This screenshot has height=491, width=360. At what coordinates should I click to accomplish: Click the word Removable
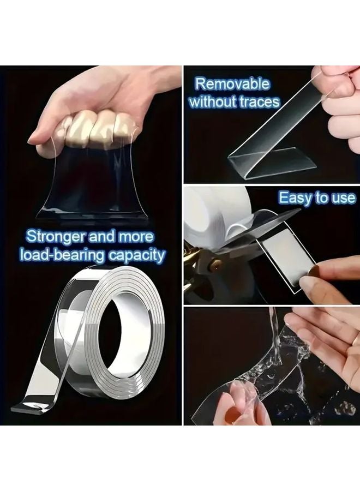[232, 84]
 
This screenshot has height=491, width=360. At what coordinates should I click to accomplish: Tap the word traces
[259, 101]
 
